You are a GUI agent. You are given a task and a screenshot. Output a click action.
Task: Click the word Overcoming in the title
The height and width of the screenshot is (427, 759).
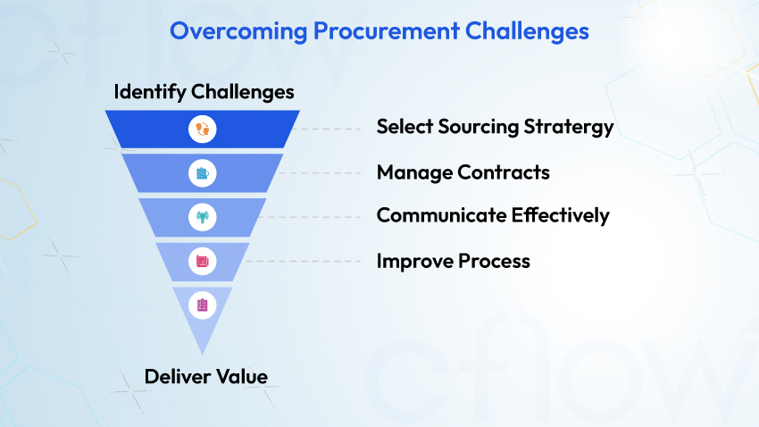pos(238,31)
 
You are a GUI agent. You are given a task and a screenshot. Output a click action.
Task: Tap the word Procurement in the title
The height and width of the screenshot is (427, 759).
pos(387,31)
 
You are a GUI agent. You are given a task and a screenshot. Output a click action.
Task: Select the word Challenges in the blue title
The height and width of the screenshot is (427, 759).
pos(527,32)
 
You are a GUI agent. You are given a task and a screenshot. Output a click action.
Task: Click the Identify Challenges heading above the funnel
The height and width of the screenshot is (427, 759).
pos(204,92)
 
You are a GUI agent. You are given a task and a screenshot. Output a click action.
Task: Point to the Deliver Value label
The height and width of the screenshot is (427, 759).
pos(206,377)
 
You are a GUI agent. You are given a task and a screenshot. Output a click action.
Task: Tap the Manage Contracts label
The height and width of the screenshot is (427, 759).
pos(463,172)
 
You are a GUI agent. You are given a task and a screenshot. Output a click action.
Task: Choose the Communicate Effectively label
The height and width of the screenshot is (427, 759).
pos(493,216)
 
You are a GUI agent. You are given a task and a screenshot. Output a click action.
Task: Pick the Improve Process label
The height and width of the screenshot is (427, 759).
pos(453,262)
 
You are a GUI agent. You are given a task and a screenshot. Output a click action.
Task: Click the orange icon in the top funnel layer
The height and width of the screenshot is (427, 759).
pos(203,130)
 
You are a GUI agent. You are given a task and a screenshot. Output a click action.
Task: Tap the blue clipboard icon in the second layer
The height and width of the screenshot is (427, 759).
pos(203,173)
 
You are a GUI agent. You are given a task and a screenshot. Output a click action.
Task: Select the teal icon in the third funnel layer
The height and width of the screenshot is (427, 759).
pos(203,217)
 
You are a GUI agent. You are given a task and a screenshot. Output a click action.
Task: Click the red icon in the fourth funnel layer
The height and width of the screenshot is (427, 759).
pos(203,262)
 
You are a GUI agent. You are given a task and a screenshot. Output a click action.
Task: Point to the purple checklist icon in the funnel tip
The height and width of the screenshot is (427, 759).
pos(203,305)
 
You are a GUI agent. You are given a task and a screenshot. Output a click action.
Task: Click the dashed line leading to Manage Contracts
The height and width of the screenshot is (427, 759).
pos(320,172)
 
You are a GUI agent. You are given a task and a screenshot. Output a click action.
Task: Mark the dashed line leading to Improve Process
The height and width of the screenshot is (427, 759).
pos(303,262)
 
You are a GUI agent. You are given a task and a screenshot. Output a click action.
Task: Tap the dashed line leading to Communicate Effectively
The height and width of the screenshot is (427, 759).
pos(312,217)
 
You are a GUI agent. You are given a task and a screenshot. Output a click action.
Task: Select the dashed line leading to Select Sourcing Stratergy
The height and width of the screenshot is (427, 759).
pos(329,130)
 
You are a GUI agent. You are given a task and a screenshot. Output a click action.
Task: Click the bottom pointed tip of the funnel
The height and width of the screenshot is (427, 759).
pos(203,355)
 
